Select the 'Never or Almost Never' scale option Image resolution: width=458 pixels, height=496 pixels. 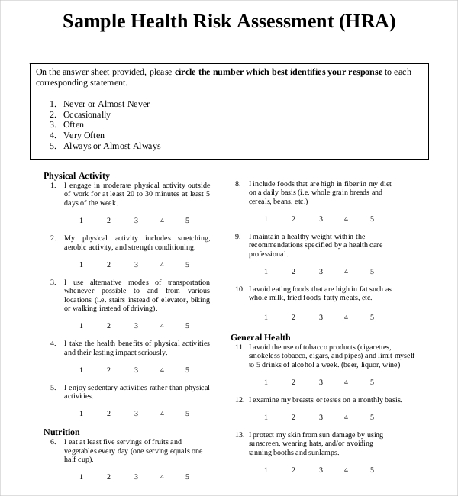point(106,104)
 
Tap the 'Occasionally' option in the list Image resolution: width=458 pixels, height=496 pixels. point(86,114)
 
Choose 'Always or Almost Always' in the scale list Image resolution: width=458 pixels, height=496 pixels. point(111,146)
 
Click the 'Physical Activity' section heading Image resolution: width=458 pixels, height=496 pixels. point(76,175)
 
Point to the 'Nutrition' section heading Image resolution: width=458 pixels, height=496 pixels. point(62,431)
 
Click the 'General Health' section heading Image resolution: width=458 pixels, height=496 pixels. point(260,337)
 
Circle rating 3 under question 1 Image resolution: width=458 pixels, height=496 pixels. point(137,220)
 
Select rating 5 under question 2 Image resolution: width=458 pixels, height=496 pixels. point(188,264)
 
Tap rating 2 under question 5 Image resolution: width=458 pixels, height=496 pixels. point(108,414)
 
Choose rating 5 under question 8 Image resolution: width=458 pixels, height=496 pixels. point(372,219)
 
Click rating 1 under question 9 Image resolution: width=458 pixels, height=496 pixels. point(266,271)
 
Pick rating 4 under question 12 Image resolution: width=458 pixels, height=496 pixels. point(346,417)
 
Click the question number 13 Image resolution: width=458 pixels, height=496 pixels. point(239,434)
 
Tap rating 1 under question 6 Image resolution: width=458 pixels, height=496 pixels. point(82,477)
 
